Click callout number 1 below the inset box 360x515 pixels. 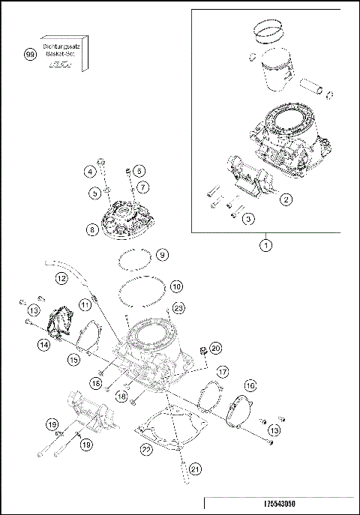coord(265,244)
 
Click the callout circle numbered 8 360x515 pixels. coord(92,230)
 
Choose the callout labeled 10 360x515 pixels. coord(175,286)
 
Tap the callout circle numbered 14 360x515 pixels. coord(45,344)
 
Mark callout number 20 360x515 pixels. coord(215,348)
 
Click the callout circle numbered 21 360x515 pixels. coord(195,469)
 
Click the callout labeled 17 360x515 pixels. coord(222,371)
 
